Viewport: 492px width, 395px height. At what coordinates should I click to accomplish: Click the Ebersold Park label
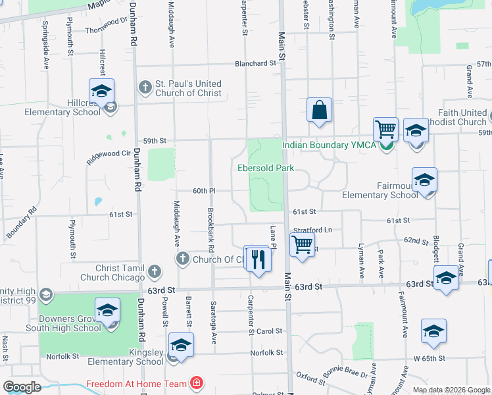(x=266, y=168)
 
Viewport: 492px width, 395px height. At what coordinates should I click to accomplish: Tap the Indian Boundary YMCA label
(x=330, y=145)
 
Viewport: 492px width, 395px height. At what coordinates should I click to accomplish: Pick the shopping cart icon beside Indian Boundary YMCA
(x=385, y=129)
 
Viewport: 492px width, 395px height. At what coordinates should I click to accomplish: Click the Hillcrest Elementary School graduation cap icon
(x=102, y=91)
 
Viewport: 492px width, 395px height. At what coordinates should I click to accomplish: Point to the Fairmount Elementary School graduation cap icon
(x=424, y=180)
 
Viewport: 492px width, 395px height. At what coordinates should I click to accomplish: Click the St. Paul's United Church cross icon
(x=145, y=88)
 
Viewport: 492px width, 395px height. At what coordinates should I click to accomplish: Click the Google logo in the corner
(x=21, y=387)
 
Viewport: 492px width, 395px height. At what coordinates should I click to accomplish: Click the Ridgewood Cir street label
(x=114, y=153)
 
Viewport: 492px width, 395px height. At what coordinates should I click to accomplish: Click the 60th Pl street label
(x=204, y=190)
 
